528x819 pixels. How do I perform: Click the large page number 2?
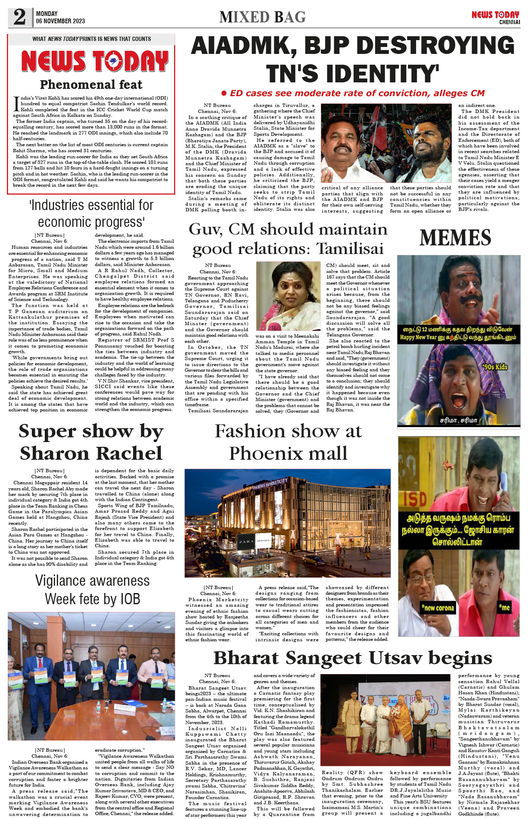click(x=20, y=17)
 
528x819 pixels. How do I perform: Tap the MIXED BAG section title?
click(x=262, y=17)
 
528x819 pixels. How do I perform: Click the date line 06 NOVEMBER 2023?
click(x=60, y=21)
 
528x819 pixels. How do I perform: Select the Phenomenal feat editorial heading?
click(x=91, y=85)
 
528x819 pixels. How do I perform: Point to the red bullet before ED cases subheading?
click(x=224, y=93)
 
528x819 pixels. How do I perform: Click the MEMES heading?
click(x=455, y=238)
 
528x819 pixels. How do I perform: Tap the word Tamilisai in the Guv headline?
click(x=350, y=249)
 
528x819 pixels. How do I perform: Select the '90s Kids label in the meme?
click(x=495, y=367)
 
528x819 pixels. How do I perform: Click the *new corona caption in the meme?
click(x=438, y=608)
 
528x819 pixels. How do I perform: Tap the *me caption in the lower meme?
click(x=504, y=608)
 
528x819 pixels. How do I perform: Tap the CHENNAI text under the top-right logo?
click(x=509, y=22)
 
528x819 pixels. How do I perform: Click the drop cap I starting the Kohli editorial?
click(x=16, y=103)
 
